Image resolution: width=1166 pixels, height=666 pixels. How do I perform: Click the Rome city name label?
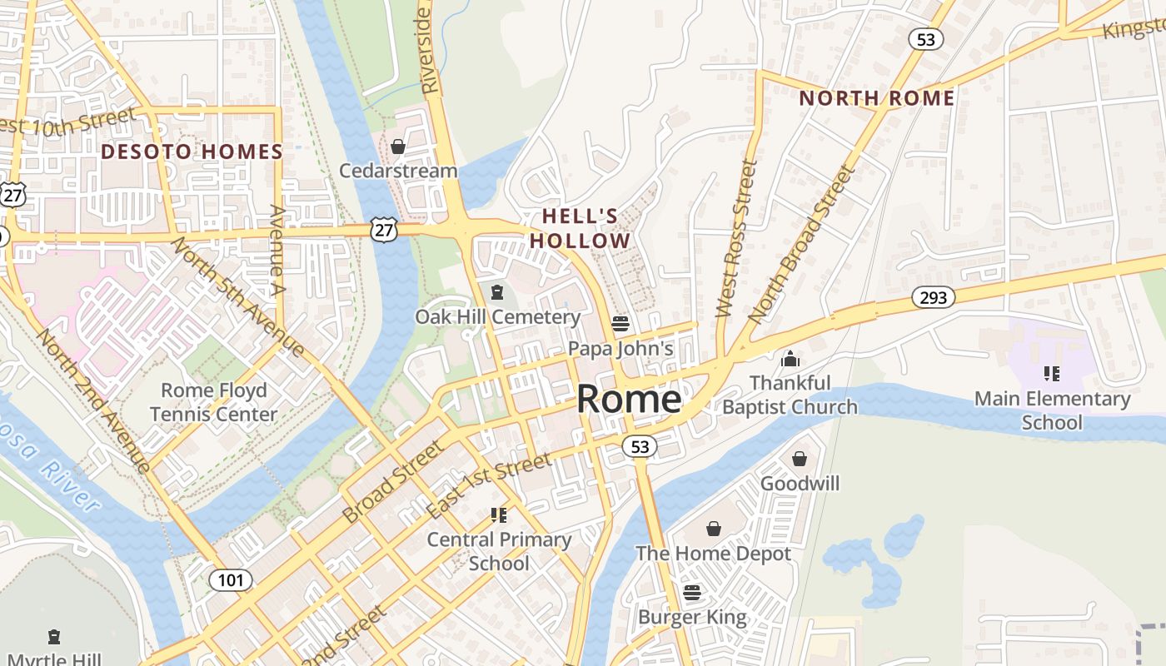click(x=629, y=400)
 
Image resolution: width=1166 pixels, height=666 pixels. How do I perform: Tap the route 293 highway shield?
click(x=933, y=297)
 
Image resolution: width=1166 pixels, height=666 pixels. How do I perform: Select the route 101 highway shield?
click(x=230, y=579)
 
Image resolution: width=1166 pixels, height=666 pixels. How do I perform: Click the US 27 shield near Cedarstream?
click(x=385, y=231)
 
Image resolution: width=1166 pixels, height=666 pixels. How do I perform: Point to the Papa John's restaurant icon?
click(x=620, y=323)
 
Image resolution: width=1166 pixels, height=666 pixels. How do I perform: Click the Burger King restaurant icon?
click(x=692, y=593)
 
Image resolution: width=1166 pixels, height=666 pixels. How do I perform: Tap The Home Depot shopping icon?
click(x=714, y=529)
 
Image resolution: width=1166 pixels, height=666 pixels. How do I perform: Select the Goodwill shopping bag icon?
click(x=800, y=459)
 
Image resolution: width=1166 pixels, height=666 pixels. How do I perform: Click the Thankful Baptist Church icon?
click(x=790, y=359)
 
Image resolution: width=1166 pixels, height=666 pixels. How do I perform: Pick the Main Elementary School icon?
click(x=1052, y=374)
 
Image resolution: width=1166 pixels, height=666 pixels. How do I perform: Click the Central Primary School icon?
click(x=499, y=515)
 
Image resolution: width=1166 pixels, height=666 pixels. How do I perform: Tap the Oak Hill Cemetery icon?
click(x=497, y=292)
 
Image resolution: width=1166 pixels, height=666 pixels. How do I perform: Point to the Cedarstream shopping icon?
click(x=398, y=147)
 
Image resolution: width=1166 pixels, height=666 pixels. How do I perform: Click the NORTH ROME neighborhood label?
click(x=876, y=98)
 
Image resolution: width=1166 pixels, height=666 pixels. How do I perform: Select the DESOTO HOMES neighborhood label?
click(x=192, y=152)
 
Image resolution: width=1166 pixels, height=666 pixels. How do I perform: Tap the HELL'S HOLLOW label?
click(x=581, y=229)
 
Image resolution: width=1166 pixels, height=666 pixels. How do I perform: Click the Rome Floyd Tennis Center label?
click(x=214, y=402)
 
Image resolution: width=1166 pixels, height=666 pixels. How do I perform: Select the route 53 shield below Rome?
click(x=640, y=447)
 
